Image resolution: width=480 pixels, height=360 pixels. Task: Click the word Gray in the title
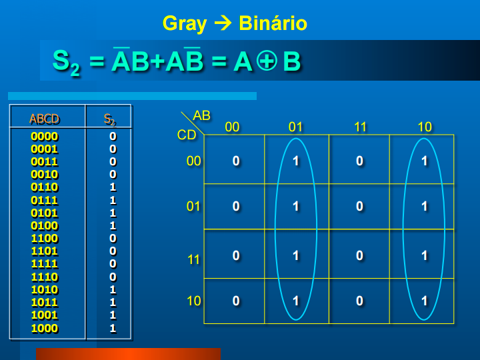point(185,24)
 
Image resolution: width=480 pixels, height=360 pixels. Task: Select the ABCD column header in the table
point(45,119)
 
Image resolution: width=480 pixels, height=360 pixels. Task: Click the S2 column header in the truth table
point(109,119)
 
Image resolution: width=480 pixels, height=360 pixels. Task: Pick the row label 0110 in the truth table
point(45,187)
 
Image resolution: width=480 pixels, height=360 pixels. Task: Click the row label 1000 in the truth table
point(45,328)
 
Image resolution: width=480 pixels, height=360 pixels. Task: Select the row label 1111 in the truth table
point(45,264)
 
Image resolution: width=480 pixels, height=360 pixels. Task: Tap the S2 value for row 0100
point(113,226)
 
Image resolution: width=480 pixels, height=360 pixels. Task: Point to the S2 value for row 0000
point(113,136)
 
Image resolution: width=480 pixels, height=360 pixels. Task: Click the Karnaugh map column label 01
point(296,127)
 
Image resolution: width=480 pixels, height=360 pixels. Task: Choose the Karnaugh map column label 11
point(360,127)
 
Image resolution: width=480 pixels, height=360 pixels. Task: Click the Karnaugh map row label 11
point(193,259)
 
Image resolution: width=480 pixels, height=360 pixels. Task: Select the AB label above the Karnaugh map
point(201,116)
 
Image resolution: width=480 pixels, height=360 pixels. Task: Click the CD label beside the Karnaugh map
point(187,135)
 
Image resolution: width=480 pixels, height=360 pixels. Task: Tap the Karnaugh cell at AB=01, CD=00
point(296,161)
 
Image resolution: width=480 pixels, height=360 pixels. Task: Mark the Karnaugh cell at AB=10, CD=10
point(424,301)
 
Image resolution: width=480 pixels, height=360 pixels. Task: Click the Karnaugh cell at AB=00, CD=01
point(235,206)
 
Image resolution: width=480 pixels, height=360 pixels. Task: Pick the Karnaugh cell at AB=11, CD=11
point(360,255)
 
